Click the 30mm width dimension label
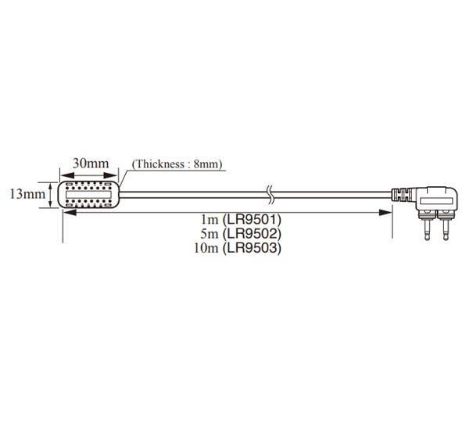point(91,163)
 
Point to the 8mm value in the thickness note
point(206,164)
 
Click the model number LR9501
point(252,220)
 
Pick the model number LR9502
point(252,234)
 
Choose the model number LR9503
point(252,248)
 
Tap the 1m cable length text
point(210,220)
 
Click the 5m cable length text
point(210,234)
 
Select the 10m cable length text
point(206,248)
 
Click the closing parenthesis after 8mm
point(221,164)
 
